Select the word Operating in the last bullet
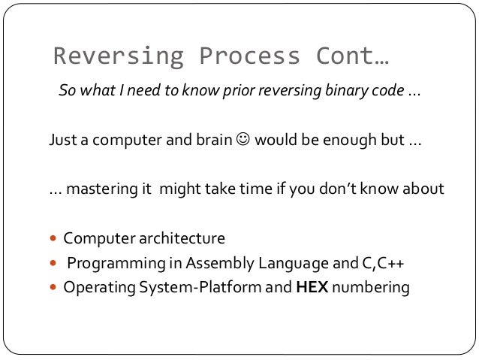tap(95, 287)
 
